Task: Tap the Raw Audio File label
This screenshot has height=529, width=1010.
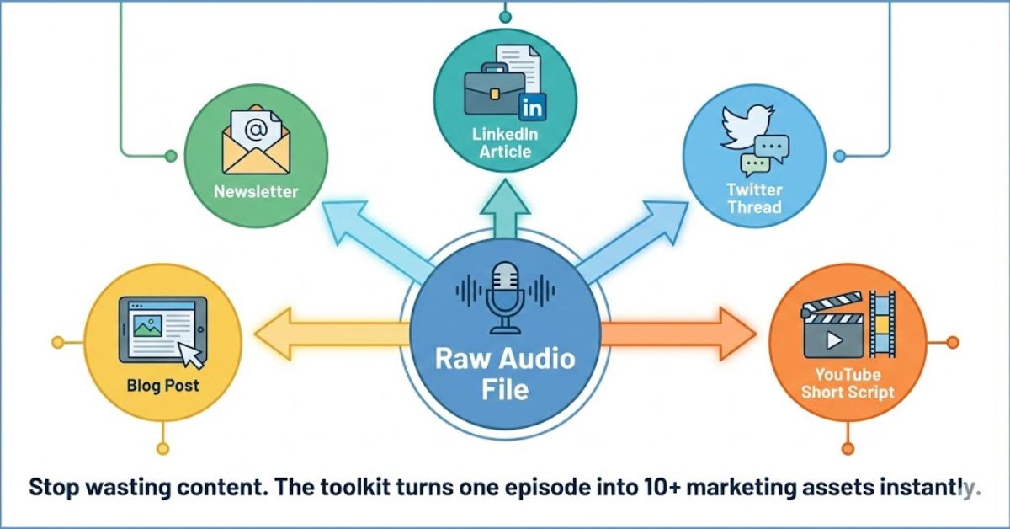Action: tap(505, 373)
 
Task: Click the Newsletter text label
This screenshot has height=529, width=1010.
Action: tap(256, 191)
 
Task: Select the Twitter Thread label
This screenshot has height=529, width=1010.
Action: tap(754, 199)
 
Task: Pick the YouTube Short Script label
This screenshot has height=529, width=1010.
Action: tap(848, 383)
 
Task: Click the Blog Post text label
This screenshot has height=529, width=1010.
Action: tap(163, 386)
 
